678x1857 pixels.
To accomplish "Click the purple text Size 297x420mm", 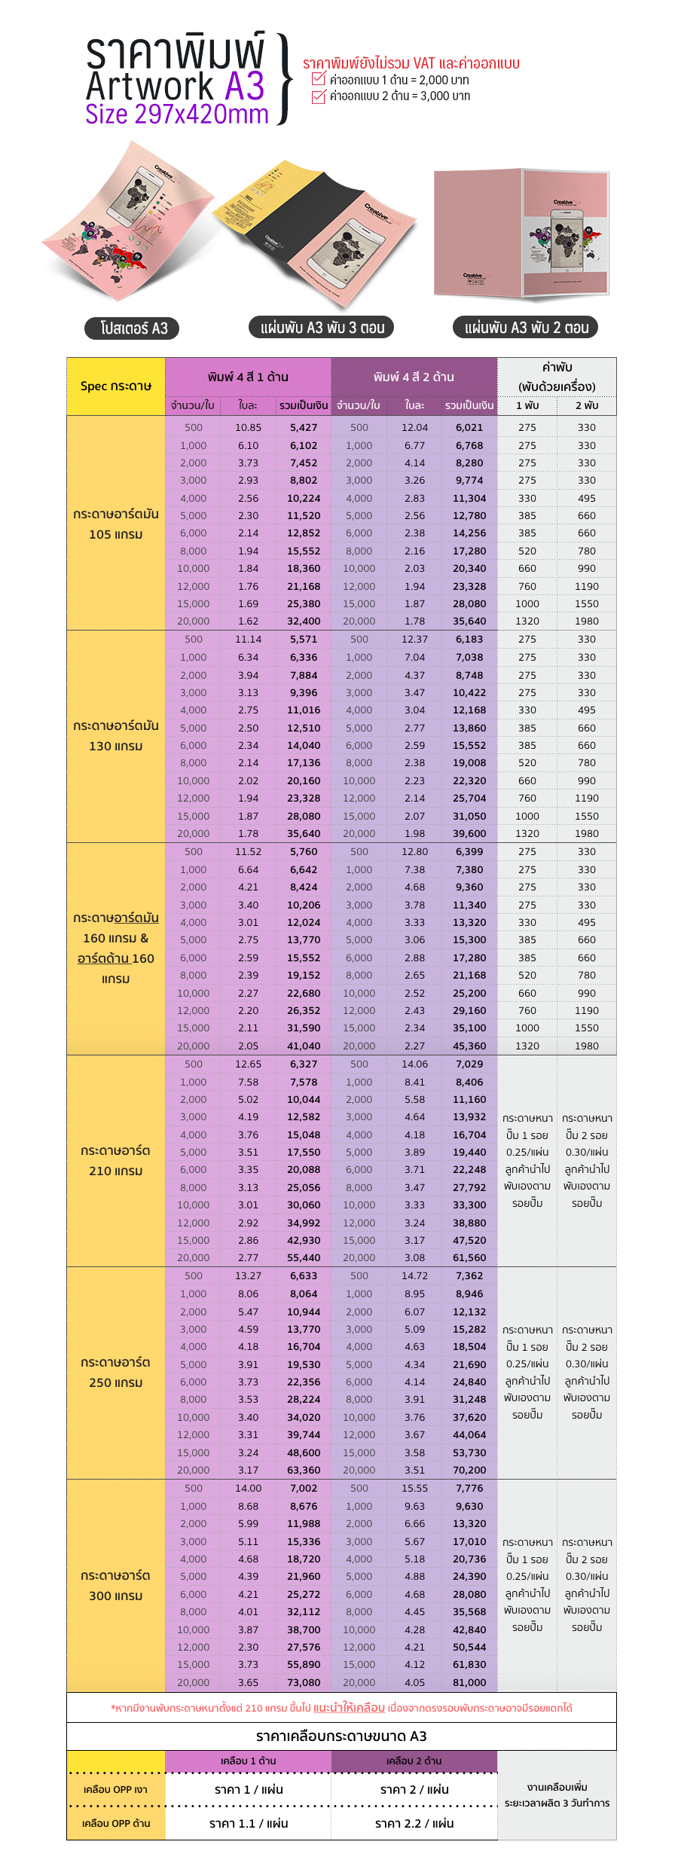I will (x=177, y=115).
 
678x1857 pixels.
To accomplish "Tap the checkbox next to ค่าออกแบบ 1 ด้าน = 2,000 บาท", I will (x=319, y=79).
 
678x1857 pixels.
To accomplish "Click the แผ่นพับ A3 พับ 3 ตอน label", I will (x=322, y=328).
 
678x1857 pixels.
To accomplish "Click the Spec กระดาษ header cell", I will (x=116, y=386).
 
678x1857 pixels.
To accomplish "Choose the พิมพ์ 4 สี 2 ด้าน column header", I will (x=414, y=377).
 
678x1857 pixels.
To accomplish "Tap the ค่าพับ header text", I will (x=557, y=368).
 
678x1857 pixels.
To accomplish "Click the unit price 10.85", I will (x=248, y=427).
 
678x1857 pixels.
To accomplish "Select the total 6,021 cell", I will (x=469, y=427).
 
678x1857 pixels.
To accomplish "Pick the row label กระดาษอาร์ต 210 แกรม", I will (x=116, y=1160).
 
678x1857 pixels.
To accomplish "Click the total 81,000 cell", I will (x=469, y=1682).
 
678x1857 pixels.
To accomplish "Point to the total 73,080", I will (x=304, y=1682).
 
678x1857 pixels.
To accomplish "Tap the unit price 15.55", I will (x=414, y=1488).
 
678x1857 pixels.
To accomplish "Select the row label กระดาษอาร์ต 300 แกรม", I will (x=116, y=1585).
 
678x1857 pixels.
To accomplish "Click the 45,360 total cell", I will (x=469, y=1046).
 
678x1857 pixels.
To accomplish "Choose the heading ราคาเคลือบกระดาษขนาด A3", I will (x=341, y=1736).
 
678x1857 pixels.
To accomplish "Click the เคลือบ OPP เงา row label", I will (x=115, y=1789).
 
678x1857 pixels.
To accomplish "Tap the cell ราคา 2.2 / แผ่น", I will (x=414, y=1823).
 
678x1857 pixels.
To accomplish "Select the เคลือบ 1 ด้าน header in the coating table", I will (x=248, y=1761).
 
